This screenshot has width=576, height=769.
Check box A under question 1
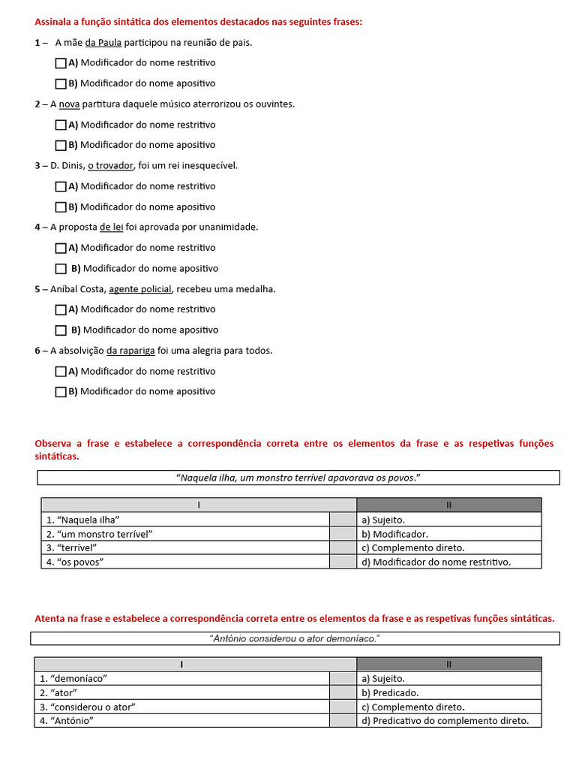click(x=61, y=63)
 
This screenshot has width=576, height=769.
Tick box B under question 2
click(x=61, y=145)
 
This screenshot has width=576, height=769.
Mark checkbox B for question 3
click(x=61, y=207)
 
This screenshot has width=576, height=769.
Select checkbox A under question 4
click(x=61, y=248)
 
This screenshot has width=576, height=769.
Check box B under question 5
click(x=61, y=330)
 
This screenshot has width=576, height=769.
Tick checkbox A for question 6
click(x=61, y=371)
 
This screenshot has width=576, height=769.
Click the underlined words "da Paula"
click(x=103, y=43)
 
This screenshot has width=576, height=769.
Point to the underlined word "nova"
click(x=69, y=104)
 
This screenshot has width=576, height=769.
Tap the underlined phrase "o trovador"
click(x=111, y=166)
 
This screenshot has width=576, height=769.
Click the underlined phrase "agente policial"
click(x=140, y=289)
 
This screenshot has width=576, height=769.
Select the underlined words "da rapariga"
click(x=130, y=351)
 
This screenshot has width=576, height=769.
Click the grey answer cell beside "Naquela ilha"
click(x=343, y=520)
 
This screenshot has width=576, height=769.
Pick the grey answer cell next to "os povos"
click(x=343, y=562)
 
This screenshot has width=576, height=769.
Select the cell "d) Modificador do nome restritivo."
click(x=448, y=562)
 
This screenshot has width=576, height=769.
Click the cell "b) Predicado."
click(x=448, y=692)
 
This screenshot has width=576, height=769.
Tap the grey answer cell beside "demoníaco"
click(x=343, y=678)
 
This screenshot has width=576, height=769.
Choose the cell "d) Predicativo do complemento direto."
click(x=448, y=720)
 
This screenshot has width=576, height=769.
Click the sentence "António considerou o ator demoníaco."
click(x=295, y=638)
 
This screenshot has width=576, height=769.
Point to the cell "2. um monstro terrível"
click(x=185, y=534)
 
